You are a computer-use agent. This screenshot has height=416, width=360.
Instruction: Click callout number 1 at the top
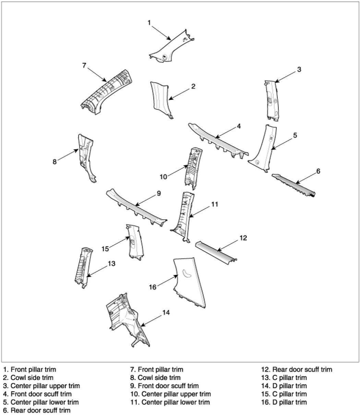[149, 23]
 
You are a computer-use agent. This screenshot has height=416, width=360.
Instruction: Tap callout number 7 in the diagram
[84, 65]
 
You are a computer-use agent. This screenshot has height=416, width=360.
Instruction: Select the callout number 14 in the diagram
[166, 313]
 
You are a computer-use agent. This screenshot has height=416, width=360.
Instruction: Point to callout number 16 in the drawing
[153, 287]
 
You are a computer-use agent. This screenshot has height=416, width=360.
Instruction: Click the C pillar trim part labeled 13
[82, 268]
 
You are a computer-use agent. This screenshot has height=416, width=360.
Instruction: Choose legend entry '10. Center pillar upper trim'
[171, 394]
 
